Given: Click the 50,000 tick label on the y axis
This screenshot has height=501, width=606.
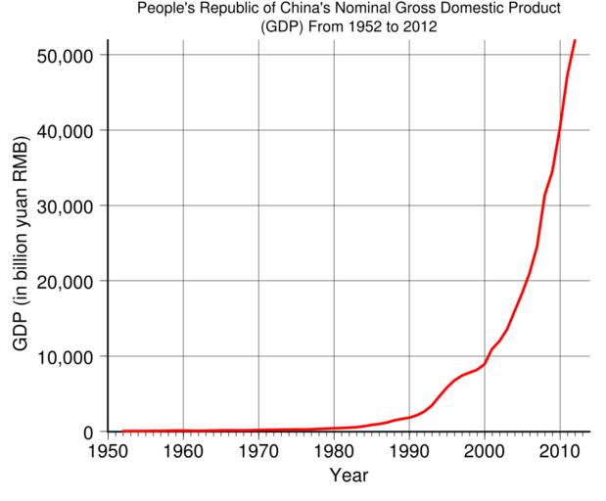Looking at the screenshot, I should (65, 55).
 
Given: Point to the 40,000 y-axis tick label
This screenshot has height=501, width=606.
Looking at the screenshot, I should (65, 130).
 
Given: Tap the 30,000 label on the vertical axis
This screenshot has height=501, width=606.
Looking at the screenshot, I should (65, 205).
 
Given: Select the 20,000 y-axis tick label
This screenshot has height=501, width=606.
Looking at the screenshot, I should (65, 281).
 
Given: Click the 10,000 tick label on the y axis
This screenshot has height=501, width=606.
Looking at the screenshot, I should (65, 356).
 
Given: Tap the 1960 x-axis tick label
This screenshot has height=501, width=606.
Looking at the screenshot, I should (183, 451).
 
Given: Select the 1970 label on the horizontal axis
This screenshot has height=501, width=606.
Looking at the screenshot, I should (258, 451).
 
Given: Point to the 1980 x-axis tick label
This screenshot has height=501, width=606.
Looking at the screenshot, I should (334, 451).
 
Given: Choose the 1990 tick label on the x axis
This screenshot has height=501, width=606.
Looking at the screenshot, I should (409, 451).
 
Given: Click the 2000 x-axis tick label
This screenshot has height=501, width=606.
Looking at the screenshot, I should (485, 451).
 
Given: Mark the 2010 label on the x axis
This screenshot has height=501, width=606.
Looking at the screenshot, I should (560, 451).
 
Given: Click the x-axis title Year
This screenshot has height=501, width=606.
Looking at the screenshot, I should (349, 477).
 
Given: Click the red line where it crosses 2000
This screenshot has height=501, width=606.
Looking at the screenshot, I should (485, 363).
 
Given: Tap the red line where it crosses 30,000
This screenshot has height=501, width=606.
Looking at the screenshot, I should (543, 205).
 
